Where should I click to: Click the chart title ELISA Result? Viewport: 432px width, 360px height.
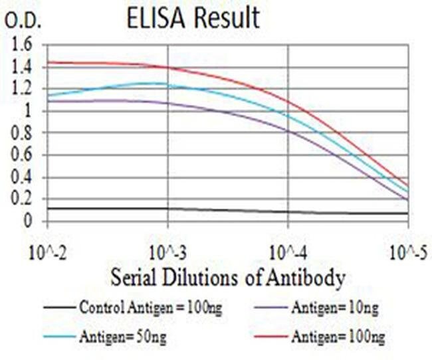[x=193, y=18]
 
